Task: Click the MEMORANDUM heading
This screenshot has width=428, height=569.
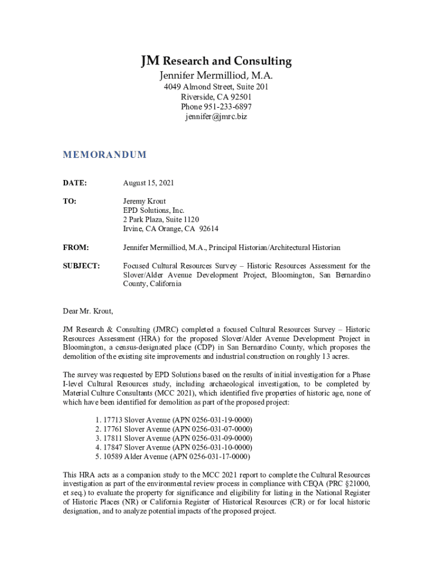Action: tap(104, 154)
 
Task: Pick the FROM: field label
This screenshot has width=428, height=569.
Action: tap(76, 247)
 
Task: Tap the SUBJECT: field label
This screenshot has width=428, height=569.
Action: tap(81, 266)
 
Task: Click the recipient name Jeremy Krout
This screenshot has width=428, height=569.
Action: tap(145, 201)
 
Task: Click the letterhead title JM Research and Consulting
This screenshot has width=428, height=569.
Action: tap(216, 61)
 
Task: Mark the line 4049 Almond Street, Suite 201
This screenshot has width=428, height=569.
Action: tap(216, 87)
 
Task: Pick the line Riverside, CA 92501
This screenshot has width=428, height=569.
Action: tap(216, 97)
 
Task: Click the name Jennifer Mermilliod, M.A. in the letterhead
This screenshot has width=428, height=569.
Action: tap(216, 76)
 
